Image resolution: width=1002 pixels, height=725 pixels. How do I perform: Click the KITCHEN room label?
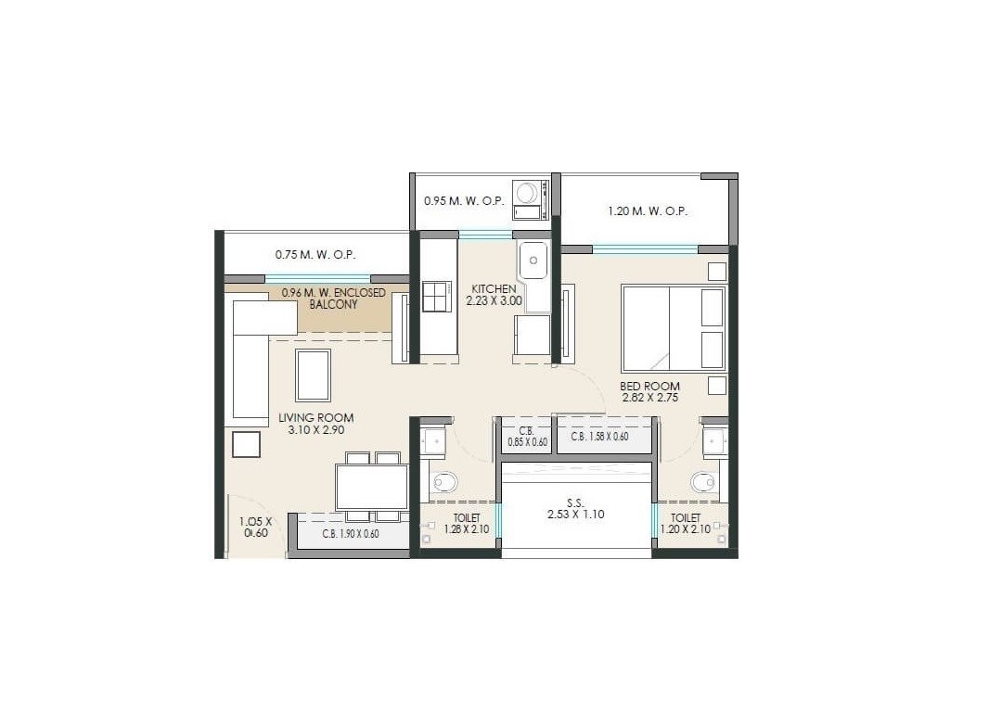494,288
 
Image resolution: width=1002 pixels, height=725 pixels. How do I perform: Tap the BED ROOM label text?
650,386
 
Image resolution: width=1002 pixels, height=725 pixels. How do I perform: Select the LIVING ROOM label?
315,418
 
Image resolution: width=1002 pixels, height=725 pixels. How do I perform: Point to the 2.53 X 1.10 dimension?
575,513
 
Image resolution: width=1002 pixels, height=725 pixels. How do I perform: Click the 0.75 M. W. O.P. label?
315,254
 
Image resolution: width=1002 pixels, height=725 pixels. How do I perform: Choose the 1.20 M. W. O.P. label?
648,210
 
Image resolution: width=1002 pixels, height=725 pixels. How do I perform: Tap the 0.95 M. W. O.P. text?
463,200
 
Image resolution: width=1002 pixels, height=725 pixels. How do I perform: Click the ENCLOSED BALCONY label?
333,299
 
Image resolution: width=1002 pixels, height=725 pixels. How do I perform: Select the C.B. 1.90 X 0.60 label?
351,534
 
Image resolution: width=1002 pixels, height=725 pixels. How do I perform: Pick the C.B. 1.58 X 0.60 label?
599,437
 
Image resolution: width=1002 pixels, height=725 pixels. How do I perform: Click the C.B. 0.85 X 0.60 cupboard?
526,437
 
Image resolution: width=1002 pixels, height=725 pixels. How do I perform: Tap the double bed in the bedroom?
674,328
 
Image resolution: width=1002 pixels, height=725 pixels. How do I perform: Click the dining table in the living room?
371,487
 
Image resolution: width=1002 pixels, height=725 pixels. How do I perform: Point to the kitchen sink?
533,261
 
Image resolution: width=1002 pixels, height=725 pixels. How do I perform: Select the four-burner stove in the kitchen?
436,297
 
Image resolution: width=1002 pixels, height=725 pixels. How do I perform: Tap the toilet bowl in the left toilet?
444,482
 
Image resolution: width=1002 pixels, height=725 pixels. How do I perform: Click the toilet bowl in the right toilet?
702,482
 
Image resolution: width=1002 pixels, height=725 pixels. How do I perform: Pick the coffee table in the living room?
313,375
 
